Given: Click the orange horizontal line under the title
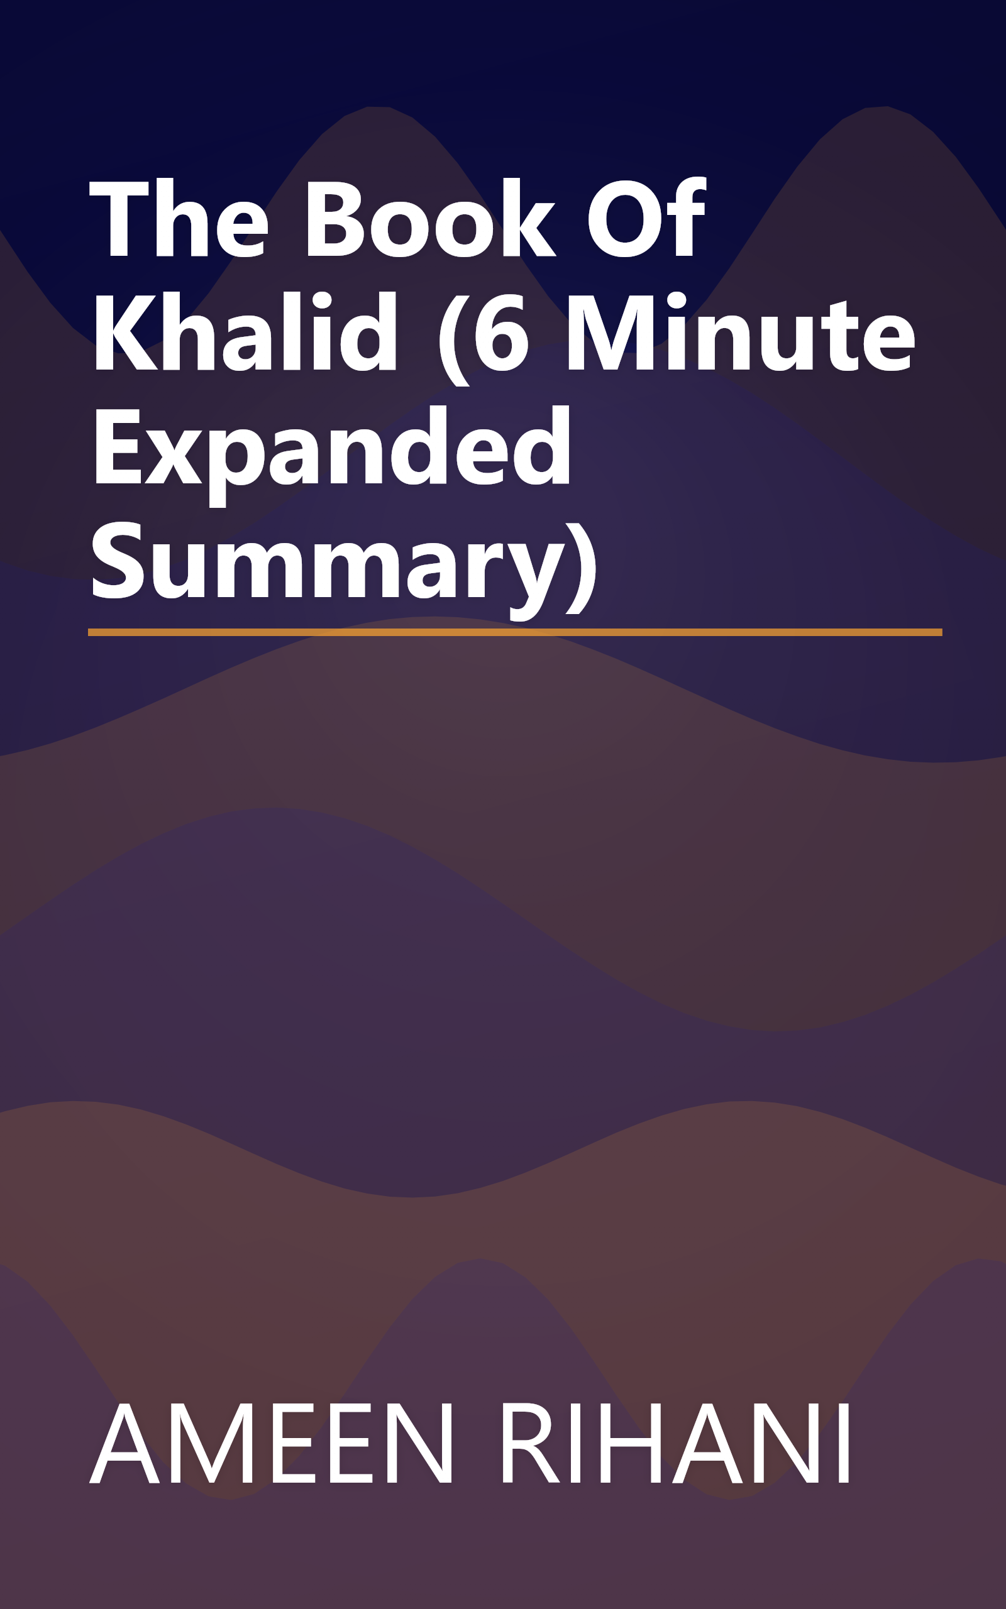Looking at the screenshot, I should pos(514,632).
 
